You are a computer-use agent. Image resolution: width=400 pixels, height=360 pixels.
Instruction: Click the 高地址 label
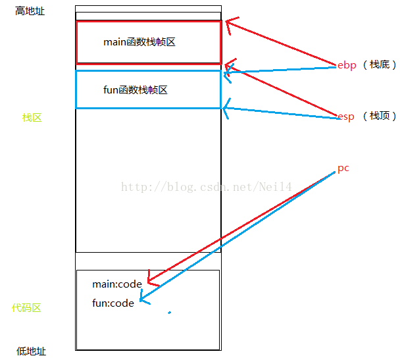click(x=30, y=11)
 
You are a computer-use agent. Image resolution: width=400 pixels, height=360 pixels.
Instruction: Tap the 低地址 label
click(x=32, y=351)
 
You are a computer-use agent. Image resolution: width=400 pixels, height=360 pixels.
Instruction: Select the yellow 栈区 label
click(x=32, y=118)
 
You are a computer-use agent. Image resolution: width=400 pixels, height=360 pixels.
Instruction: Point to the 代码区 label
click(x=26, y=308)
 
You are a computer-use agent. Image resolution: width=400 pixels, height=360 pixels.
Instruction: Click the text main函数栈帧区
click(x=139, y=42)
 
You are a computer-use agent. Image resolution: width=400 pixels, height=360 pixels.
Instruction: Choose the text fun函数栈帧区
click(x=136, y=90)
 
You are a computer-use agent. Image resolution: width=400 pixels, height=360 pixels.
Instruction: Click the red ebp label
click(x=347, y=66)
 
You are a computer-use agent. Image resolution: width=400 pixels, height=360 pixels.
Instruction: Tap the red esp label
click(x=346, y=116)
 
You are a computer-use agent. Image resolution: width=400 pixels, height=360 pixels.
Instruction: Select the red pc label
click(x=343, y=168)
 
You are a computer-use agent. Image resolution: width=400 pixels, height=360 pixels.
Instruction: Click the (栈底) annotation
click(x=380, y=66)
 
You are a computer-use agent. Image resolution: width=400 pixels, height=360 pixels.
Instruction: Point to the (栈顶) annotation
click(x=380, y=116)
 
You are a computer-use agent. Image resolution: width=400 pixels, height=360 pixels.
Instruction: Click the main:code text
click(x=117, y=284)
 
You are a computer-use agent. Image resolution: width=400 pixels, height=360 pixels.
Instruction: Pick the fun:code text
click(x=113, y=303)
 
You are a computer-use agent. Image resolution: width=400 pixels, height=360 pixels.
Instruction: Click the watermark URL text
click(x=207, y=188)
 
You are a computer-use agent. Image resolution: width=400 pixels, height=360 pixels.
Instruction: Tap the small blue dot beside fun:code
click(x=170, y=313)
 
